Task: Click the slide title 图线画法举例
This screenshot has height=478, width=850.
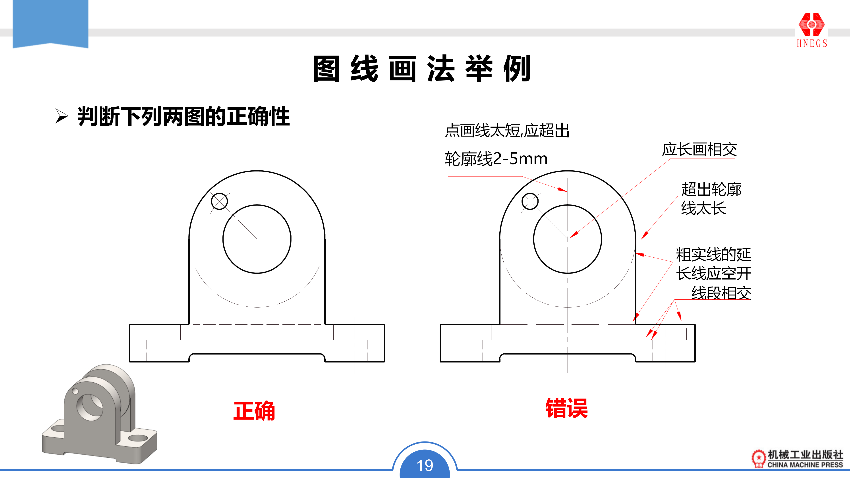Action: pos(422,69)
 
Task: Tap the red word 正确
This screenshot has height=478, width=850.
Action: pos(254,411)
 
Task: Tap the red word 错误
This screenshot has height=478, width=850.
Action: pos(567,408)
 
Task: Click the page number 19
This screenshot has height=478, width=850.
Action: pos(425,465)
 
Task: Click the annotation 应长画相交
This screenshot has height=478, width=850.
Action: pos(699,149)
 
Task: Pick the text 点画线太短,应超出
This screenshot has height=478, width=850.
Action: pos(507,130)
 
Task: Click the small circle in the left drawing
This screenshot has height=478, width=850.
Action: pos(219,201)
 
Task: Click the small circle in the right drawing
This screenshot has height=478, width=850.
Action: pos(530,201)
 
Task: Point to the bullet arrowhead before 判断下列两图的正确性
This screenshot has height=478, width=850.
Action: pos(62,116)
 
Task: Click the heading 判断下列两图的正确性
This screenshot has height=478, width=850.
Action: pos(184,116)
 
